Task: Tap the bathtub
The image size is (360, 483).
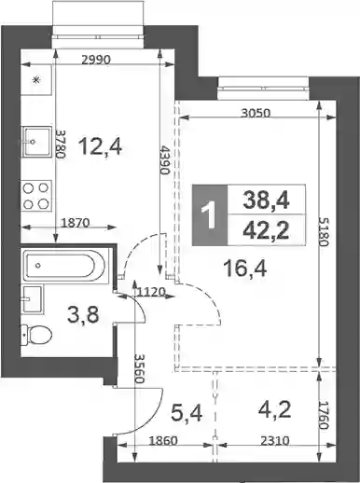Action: pos(65,265)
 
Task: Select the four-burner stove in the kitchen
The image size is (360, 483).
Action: pos(36,196)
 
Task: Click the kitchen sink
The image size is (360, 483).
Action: pos(36,142)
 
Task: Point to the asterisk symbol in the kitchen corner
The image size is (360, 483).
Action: pos(36,80)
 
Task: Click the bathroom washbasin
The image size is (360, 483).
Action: pos(33,299)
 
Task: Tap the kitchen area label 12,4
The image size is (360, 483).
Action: pos(100,146)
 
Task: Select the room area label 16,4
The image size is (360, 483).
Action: pos(245,269)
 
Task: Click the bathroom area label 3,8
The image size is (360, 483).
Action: pos(83,314)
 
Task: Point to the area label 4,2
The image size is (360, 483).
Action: pos(275,410)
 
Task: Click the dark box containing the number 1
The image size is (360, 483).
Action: pos(210,214)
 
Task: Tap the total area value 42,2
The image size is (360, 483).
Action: pos(266,231)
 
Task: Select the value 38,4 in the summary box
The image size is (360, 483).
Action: pos(266,200)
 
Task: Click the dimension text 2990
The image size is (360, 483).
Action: pos(96,60)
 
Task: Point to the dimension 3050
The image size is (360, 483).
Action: pos(256,113)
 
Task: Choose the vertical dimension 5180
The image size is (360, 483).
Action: pos(324,231)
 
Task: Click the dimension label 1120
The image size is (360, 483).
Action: pos(150,292)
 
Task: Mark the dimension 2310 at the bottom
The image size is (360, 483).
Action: pos(275,440)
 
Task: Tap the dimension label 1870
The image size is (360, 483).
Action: pos(76,223)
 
